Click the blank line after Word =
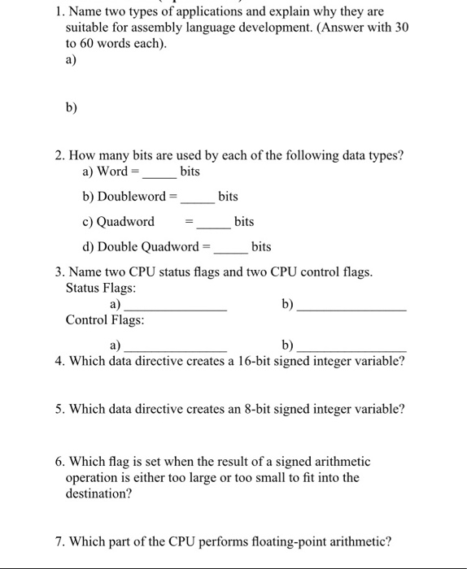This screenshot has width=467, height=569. pos(160,176)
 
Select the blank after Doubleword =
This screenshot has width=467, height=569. pos(198,200)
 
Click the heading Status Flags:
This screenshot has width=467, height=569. pos(101,289)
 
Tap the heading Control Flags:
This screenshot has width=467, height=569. pos(105,320)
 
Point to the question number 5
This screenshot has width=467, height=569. pos(59,409)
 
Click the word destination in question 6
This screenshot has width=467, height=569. pos(98,493)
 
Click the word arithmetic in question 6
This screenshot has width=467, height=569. pos(337,461)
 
